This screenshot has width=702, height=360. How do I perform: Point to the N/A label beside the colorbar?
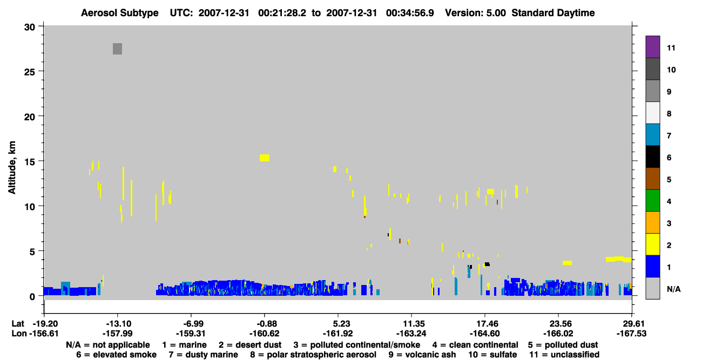click(674, 289)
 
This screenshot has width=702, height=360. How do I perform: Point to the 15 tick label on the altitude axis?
click(30, 162)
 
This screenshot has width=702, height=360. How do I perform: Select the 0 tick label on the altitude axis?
click(32, 297)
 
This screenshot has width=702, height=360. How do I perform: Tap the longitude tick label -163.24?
click(411, 334)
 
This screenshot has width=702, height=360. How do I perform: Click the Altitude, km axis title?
click(12, 168)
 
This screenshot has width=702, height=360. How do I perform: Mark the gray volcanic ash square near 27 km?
click(118, 49)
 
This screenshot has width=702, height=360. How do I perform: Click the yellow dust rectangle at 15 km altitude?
click(265, 158)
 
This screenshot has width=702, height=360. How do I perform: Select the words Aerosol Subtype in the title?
click(120, 13)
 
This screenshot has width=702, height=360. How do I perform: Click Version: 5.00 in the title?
click(475, 13)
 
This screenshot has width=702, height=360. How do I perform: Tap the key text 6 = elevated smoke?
click(116, 355)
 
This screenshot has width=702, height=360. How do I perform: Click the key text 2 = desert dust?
click(250, 345)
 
